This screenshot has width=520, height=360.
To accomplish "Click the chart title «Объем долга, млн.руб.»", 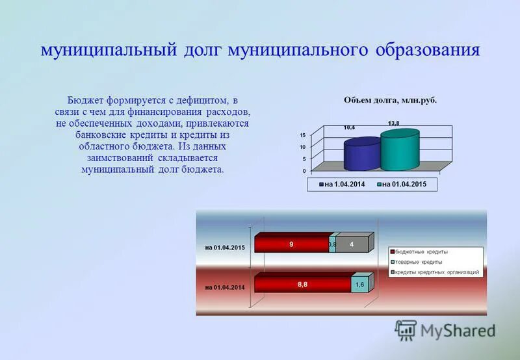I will tap(390, 101).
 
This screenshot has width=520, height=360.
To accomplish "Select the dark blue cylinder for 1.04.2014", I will tap(361, 155).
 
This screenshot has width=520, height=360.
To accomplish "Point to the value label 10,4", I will tap(350, 128).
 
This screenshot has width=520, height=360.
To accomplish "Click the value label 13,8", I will tap(394, 123).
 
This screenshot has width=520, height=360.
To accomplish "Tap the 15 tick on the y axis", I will tap(303, 135).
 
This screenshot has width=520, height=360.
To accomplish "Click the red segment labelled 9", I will tap(292, 244).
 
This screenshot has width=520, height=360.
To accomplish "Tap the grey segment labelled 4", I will tap(352, 244).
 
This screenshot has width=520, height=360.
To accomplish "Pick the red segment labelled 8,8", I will tap(302, 284).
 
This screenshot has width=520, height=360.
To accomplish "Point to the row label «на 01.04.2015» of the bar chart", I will tap(225, 248).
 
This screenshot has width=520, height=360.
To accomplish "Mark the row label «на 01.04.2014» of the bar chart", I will tap(225, 287).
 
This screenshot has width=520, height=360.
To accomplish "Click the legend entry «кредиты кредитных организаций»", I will tap(437, 272).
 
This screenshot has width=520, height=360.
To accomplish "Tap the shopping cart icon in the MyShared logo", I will tap(406, 330).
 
